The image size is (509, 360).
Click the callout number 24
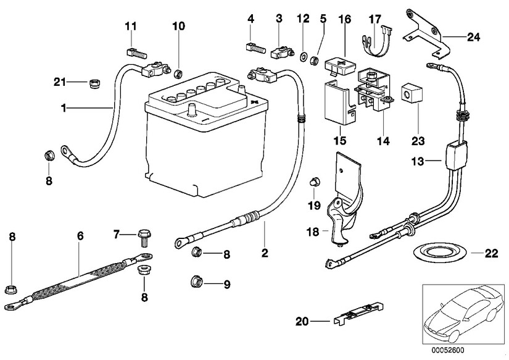point(473,38)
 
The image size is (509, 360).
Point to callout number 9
point(226,285)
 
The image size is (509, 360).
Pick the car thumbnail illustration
point(463,312)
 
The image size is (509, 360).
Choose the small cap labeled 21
point(96,83)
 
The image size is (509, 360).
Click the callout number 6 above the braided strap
point(80,237)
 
